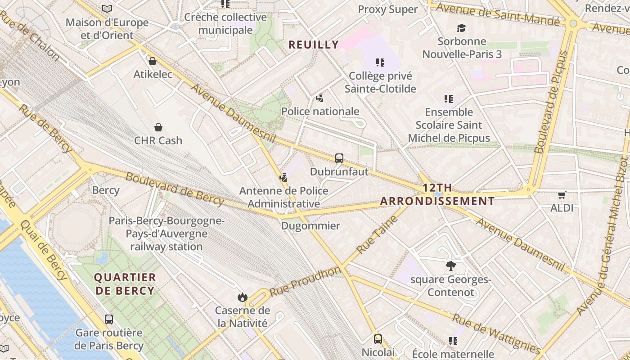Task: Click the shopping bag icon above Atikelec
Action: (153, 61)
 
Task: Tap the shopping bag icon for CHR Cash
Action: (158, 127)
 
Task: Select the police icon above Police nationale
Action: (320, 98)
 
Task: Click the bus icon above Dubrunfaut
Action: (339, 158)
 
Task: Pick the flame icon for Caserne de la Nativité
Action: (243, 297)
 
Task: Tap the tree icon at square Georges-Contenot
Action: (450, 266)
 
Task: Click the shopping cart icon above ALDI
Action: (562, 195)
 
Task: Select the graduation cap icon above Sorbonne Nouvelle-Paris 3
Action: (461, 28)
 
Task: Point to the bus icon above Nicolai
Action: (378, 339)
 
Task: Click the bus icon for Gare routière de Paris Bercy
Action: (109, 319)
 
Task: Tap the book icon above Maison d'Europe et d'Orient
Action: (107, 9)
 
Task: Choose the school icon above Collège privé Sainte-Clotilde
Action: (380, 63)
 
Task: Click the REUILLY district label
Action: (314, 45)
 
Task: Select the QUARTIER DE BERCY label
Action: (125, 284)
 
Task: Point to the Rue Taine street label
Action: (377, 234)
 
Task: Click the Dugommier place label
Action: (310, 226)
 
